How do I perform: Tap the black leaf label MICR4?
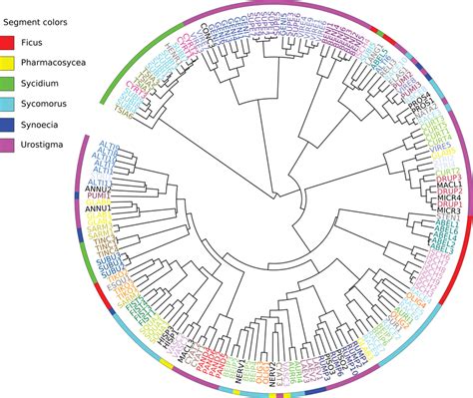click(420, 200)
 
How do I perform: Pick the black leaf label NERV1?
click(237, 365)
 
